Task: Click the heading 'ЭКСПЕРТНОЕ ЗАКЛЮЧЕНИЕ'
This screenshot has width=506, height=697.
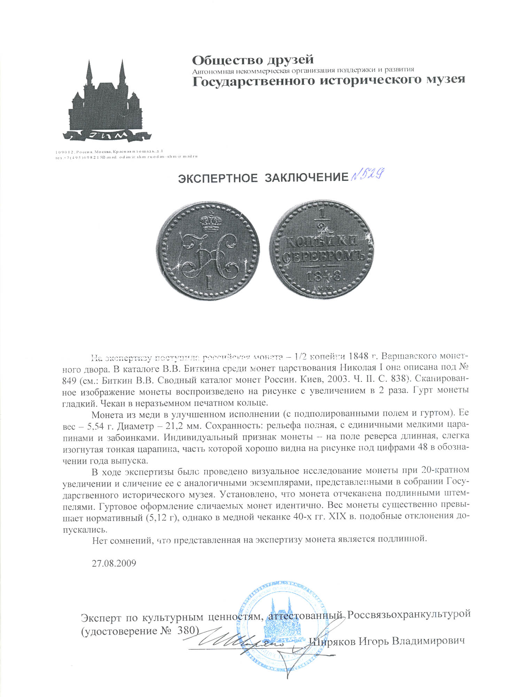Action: (x=263, y=178)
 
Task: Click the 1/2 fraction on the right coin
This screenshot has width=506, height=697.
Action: (x=322, y=221)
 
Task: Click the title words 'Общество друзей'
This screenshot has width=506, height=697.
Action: (x=253, y=60)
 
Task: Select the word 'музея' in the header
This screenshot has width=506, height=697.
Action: (x=446, y=80)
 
